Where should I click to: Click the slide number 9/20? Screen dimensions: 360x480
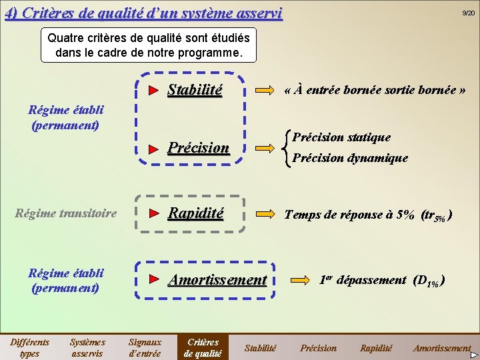[469, 13]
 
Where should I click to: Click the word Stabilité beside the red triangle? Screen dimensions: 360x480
[195, 90]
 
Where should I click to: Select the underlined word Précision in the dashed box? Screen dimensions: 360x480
[198, 148]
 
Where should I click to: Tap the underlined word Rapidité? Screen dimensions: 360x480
[195, 213]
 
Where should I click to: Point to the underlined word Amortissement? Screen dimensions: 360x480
[217, 280]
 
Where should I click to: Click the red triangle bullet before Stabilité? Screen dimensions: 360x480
[153, 90]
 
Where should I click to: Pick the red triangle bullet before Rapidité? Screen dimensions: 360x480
[153, 213]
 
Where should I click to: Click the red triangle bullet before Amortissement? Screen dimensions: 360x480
[153, 279]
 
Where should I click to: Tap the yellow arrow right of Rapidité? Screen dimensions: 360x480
[265, 213]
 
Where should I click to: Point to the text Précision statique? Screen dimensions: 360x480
[341, 137]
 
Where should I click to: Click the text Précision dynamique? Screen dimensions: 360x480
[350, 158]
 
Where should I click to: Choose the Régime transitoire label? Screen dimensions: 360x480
[65, 214]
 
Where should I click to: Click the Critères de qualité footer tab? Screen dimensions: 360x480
[203, 347]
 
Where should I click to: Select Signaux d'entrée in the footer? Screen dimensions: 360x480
[145, 347]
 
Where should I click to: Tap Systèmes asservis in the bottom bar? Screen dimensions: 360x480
[87, 347]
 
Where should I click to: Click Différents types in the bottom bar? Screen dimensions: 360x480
[29, 347]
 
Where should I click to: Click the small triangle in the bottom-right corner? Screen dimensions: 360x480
[474, 355]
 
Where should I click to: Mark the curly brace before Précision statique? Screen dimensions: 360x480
[287, 148]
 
